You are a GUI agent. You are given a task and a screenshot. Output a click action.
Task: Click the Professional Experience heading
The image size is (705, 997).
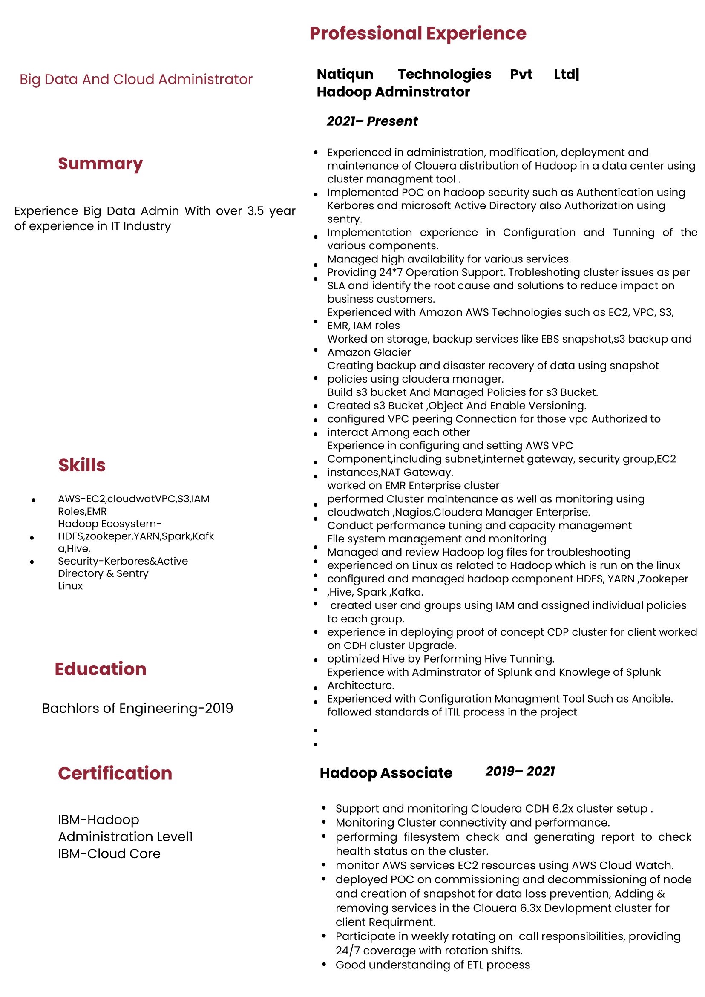click(x=417, y=33)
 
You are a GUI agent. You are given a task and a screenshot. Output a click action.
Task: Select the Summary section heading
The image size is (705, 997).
click(x=100, y=164)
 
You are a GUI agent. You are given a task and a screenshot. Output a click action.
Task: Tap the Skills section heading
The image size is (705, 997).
click(x=82, y=465)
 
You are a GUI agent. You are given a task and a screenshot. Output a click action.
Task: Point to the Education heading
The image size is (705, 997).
click(x=100, y=669)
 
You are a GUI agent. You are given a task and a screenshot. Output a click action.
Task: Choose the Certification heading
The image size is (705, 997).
click(x=115, y=773)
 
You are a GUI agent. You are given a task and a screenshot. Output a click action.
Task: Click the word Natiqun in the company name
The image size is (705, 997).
click(x=345, y=74)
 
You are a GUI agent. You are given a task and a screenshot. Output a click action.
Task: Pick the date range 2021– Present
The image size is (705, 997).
click(x=372, y=121)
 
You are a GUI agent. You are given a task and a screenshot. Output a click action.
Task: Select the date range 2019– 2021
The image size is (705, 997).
click(x=520, y=771)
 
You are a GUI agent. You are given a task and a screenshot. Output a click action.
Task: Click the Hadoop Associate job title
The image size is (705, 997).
click(x=386, y=773)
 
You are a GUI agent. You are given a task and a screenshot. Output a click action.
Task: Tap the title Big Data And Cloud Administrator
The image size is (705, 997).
click(x=136, y=79)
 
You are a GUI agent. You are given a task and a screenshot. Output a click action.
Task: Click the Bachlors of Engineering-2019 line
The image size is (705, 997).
click(x=138, y=708)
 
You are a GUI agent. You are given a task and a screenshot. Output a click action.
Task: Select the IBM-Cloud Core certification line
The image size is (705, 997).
click(x=109, y=854)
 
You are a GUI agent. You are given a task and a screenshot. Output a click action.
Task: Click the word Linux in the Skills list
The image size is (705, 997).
click(x=70, y=586)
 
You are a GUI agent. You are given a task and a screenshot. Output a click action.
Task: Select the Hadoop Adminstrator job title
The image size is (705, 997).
click(x=393, y=92)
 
